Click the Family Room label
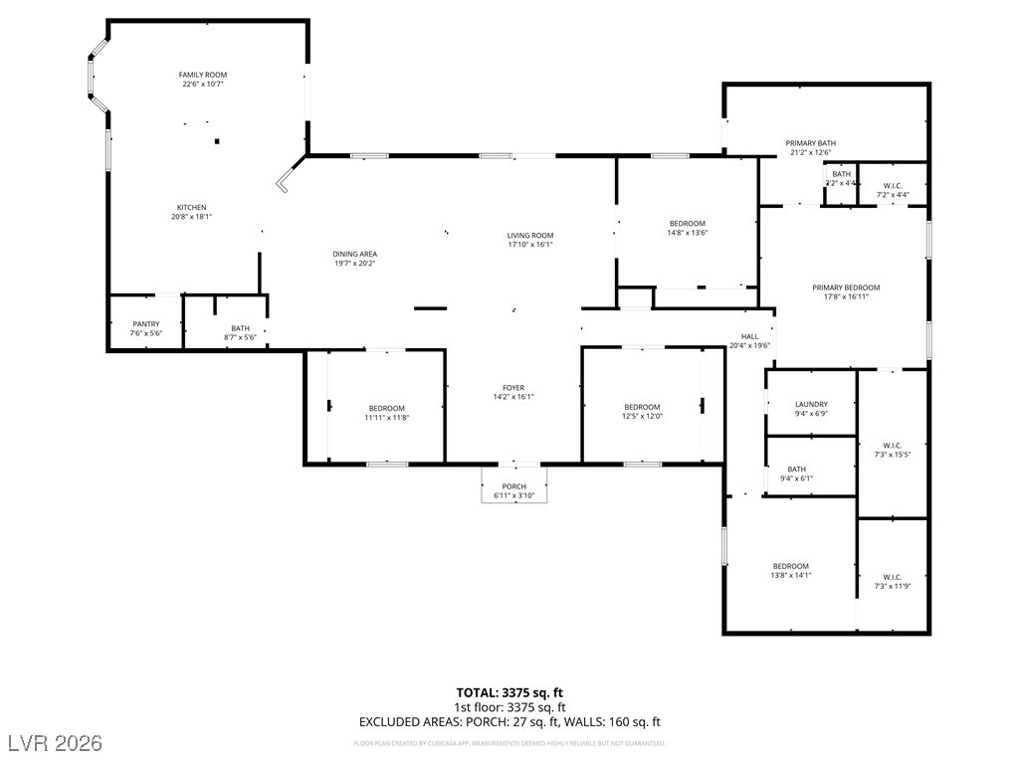coord(202,75)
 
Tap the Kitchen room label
coord(192,207)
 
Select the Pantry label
coord(145,324)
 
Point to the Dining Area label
coord(354,254)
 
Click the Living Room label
coord(529,235)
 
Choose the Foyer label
coord(513,388)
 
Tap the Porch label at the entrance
coord(513,486)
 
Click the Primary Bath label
coord(810,143)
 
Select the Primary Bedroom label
coord(846,287)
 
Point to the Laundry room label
coord(811,404)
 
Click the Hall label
coord(749,336)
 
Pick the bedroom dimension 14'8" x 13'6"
coord(687,233)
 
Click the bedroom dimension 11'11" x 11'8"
coord(387,418)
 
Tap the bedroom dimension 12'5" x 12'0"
coord(642,416)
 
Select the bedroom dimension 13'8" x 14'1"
coord(791,575)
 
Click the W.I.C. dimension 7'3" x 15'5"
coord(892,455)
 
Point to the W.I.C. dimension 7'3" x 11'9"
coord(892,586)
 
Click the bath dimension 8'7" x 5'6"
coord(240,337)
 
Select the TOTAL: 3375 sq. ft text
coord(509,692)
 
